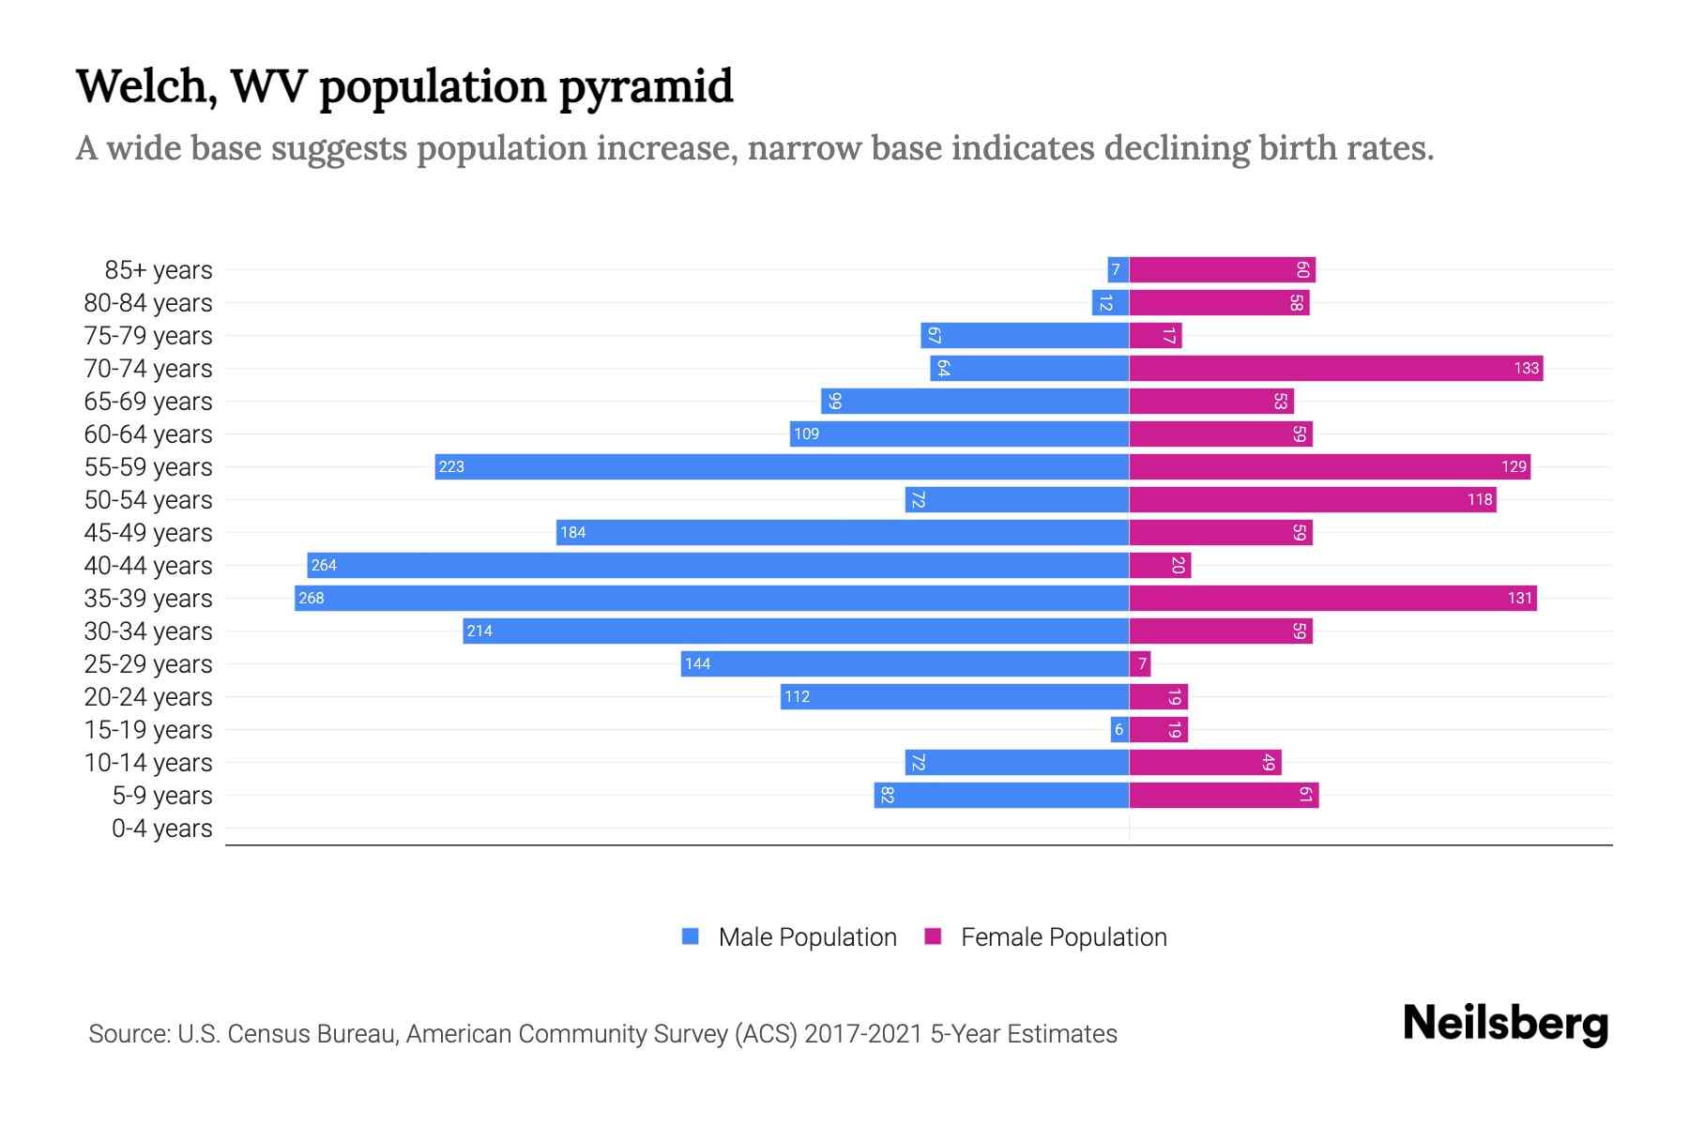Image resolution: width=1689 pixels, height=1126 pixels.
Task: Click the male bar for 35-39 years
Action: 711,598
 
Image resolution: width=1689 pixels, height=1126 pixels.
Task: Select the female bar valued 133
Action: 1335,368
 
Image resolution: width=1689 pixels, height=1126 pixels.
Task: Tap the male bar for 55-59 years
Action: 782,466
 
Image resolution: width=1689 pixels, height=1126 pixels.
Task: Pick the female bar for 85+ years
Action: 1222,269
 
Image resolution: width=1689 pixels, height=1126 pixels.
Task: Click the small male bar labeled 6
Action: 1119,729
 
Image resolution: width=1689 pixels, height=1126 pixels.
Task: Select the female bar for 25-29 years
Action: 1140,663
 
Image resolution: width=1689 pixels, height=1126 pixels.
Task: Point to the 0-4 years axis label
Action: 161,829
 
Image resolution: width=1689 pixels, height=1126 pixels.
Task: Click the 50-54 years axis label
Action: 148,500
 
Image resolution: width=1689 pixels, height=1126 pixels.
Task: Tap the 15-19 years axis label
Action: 148,730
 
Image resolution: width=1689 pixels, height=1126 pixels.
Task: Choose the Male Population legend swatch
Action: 691,936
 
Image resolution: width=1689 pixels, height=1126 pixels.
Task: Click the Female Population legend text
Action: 1063,936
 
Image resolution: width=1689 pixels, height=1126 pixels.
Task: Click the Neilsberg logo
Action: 1505,1024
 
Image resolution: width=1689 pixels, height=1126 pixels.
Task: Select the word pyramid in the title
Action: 646,87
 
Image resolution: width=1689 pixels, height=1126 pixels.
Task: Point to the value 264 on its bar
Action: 324,565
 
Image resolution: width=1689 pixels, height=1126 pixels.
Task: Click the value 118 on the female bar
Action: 1480,499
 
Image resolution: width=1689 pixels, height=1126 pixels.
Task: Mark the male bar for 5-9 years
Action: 1001,795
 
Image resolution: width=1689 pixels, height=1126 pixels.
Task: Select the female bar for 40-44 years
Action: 1160,565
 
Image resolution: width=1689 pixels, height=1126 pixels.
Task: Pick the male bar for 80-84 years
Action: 1110,302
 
